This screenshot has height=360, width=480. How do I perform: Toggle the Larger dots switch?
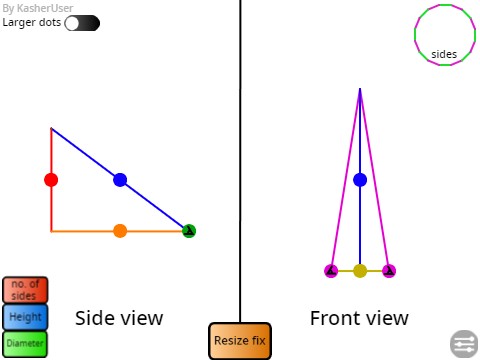pos(82,23)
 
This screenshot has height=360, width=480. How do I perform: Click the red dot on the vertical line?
pos(51,180)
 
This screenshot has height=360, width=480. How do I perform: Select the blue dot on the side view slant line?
pos(120,180)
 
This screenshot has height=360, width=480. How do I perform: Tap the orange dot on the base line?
pos(120,231)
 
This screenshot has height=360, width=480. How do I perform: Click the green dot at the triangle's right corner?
pos(189,231)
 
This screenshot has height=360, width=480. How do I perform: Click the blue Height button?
pos(25,317)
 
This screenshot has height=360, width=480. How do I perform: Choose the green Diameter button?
pos(25,343)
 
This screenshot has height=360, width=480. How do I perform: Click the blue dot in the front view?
pos(360,180)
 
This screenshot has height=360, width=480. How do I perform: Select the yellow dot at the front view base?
pos(360,270)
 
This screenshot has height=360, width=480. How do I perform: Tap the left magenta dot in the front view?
pos(331,270)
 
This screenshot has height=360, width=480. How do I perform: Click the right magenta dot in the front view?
pos(389,270)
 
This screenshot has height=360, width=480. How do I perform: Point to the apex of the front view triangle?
pos(360,89)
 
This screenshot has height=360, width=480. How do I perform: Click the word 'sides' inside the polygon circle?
pos(444,54)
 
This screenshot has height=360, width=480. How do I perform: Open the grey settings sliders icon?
pos(464,343)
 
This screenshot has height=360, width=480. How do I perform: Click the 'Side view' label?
pos(119,318)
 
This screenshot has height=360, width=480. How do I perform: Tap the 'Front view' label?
pos(359,318)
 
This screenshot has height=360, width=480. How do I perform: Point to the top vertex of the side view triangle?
pos(51,128)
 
